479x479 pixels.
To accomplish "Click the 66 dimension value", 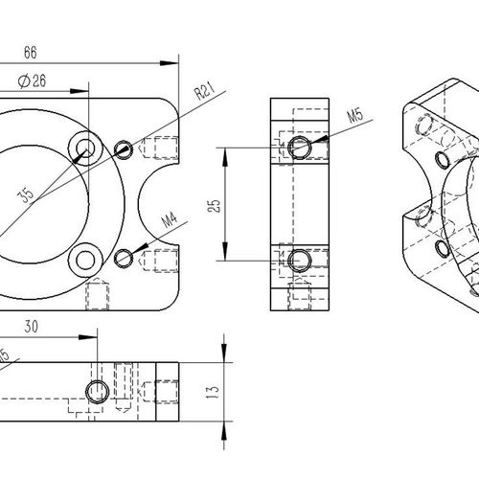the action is point(31,53).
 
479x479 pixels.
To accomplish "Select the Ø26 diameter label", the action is point(32,81).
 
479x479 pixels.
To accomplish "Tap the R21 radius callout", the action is point(204,91).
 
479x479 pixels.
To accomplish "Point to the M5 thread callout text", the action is point(355,115).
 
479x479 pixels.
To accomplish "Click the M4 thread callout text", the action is point(170,220).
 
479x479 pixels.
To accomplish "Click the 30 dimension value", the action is point(31,327).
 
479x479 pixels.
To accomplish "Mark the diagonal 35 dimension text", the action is point(26,194).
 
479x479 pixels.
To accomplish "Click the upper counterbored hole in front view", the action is point(85,148).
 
